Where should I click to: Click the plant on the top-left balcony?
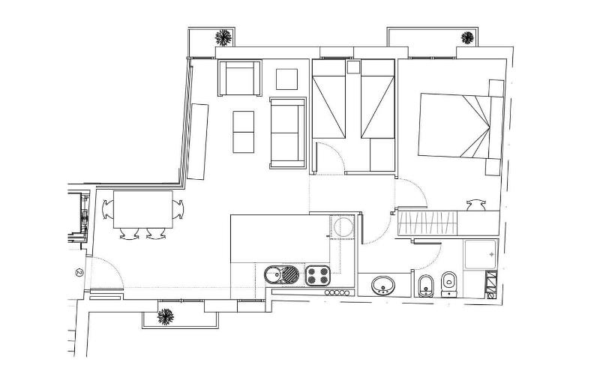(x=223, y=37)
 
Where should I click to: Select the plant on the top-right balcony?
(x=469, y=37)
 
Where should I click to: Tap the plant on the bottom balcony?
(x=163, y=317)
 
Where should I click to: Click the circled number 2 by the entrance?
(x=78, y=272)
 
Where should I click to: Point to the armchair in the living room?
(x=241, y=78)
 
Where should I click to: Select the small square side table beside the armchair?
(x=287, y=78)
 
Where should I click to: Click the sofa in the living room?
(x=286, y=133)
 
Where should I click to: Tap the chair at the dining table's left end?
(x=105, y=209)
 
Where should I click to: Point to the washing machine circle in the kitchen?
(x=344, y=227)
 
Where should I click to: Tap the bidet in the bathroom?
(x=424, y=284)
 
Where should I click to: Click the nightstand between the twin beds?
(x=353, y=67)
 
